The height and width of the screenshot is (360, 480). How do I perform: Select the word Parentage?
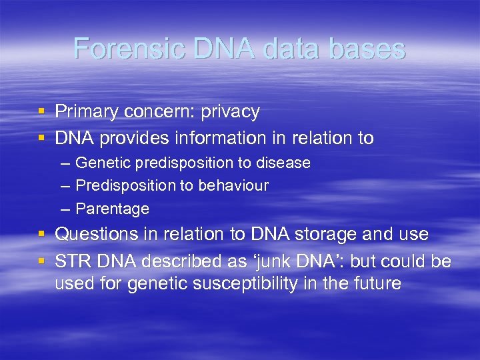coord(112,209)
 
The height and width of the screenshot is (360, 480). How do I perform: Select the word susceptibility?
coord(243,284)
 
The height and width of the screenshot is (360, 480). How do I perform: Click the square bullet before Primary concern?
coord(41,112)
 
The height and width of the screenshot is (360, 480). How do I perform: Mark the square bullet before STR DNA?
coord(41,261)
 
